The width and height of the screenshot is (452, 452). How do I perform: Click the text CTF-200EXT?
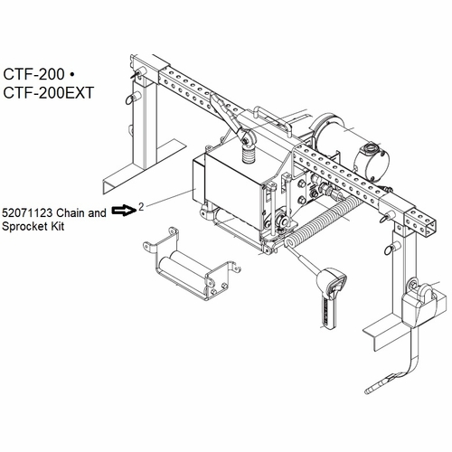click(x=49, y=92)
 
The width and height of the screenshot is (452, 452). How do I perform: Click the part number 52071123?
click(x=27, y=213)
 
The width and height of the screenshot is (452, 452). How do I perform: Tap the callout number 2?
click(x=141, y=207)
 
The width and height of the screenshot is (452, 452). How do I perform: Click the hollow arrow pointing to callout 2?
click(x=124, y=210)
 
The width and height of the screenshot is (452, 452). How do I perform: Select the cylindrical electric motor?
click(x=341, y=137)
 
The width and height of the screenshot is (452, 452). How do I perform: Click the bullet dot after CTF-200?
click(x=71, y=74)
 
